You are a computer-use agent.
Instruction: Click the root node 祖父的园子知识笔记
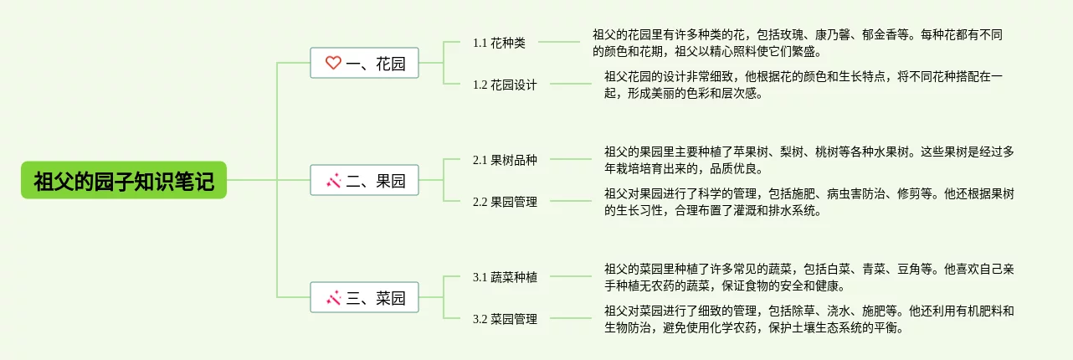pyautogui.click(x=124, y=180)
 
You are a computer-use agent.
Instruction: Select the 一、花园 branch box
pyautogui.click(x=365, y=63)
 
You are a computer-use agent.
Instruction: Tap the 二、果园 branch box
pyautogui.click(x=365, y=180)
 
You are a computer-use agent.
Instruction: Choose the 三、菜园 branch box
pyautogui.click(x=365, y=297)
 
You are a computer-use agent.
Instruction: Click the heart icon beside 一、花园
pyautogui.click(x=333, y=63)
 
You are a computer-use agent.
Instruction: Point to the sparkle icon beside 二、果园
pyautogui.click(x=333, y=180)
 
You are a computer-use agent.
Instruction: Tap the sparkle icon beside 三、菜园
pyautogui.click(x=333, y=297)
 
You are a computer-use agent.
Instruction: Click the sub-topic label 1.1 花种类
pyautogui.click(x=499, y=43)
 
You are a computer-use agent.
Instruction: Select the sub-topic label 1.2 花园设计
pyautogui.click(x=505, y=85)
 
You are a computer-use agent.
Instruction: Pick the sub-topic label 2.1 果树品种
pyautogui.click(x=505, y=160)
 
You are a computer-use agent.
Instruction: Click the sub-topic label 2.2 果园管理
pyautogui.click(x=505, y=202)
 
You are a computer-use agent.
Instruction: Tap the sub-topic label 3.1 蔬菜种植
pyautogui.click(x=505, y=277)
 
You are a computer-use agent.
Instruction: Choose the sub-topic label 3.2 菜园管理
pyautogui.click(x=505, y=319)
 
